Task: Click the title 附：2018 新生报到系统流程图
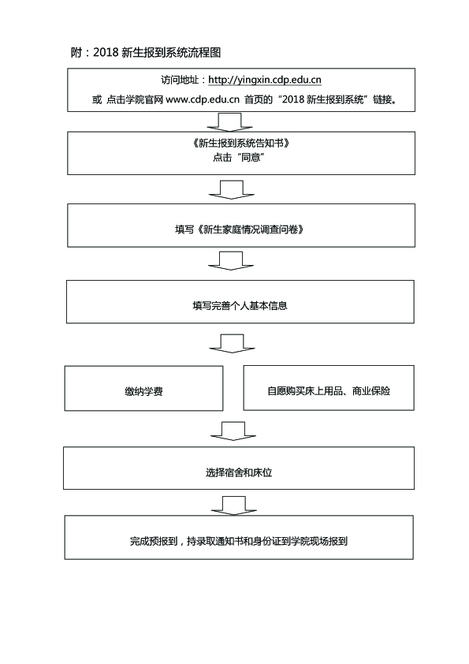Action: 146,53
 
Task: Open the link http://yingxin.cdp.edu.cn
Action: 265,80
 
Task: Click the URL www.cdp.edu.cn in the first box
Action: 203,99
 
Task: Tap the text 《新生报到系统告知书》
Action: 240,144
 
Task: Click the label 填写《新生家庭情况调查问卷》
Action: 240,229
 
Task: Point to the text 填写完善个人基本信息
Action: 240,306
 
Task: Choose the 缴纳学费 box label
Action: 143,392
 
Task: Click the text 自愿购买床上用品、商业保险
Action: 329,391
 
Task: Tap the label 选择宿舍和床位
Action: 239,472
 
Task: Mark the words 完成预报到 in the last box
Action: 154,541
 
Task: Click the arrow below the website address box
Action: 230,122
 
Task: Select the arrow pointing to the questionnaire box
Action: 232,190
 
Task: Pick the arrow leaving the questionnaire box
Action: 231,261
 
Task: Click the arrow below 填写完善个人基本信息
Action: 232,343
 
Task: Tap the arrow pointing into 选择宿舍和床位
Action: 233,431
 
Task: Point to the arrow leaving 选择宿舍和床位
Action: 233,506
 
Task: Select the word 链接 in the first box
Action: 382,99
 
